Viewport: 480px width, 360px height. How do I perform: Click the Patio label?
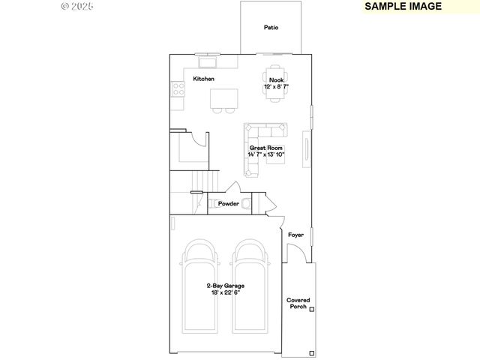point(271,28)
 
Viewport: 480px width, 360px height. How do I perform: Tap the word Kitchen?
point(203,79)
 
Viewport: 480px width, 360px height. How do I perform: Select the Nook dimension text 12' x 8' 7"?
point(276,87)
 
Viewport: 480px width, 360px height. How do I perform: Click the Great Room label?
point(266,148)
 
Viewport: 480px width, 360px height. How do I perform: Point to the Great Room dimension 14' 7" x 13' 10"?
point(266,155)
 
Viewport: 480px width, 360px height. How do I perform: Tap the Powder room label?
point(228,203)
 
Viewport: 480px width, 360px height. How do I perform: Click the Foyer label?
point(296,235)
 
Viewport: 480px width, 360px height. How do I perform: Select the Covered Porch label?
point(298,304)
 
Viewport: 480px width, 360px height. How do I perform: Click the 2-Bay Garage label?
point(225,286)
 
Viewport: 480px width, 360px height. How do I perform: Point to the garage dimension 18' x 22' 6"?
point(225,292)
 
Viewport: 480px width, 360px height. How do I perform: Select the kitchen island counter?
point(224,97)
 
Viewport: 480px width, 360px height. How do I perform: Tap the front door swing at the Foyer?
point(295,255)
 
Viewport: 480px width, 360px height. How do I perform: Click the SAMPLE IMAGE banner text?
point(403,6)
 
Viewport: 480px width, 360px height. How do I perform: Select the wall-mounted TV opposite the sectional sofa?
point(306,148)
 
